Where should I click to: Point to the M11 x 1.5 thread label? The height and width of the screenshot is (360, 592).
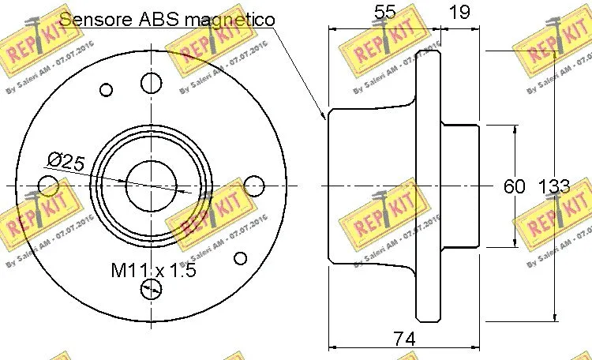point(152,271)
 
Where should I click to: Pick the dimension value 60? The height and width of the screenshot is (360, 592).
point(514,186)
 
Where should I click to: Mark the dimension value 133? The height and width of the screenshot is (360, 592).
point(553,186)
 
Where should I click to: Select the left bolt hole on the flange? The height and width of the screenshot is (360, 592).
point(48,186)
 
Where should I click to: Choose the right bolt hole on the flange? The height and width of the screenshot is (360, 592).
point(253,186)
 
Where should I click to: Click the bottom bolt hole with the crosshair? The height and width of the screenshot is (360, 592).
point(150,289)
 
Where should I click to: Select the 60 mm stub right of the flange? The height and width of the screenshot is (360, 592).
point(460,186)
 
